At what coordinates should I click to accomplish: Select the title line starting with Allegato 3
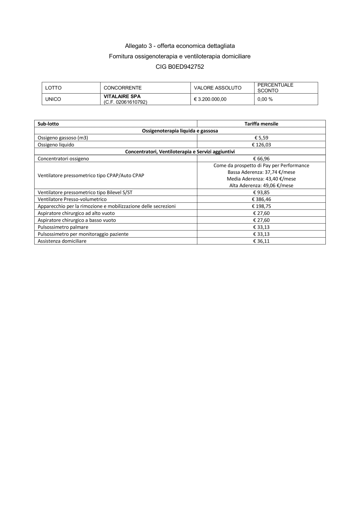tap(180, 46)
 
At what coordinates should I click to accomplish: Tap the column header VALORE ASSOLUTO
tap(217, 88)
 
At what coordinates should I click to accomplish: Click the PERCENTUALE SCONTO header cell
tap(275, 88)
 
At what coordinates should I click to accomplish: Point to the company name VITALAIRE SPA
tap(122, 96)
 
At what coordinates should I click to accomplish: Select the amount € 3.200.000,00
tap(210, 99)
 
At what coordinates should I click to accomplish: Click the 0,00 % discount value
tap(265, 99)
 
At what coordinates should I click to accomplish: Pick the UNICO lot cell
tap(53, 99)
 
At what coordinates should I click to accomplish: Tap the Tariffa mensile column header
tap(261, 124)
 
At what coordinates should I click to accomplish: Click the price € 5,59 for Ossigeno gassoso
tap(261, 138)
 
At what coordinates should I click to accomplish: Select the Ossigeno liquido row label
tap(56, 145)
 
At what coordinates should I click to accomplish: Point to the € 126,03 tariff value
tap(261, 145)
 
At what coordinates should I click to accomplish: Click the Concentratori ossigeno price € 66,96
tap(261, 159)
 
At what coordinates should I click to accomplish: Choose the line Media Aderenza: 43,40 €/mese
tap(261, 179)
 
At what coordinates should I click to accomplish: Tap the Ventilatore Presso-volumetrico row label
tap(72, 199)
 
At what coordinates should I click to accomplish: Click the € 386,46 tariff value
tap(261, 199)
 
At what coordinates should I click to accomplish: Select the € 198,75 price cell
tap(261, 206)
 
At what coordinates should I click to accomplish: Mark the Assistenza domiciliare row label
tap(62, 241)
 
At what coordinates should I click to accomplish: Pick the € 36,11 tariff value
tap(261, 241)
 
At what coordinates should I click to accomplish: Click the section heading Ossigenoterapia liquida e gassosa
tap(180, 131)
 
